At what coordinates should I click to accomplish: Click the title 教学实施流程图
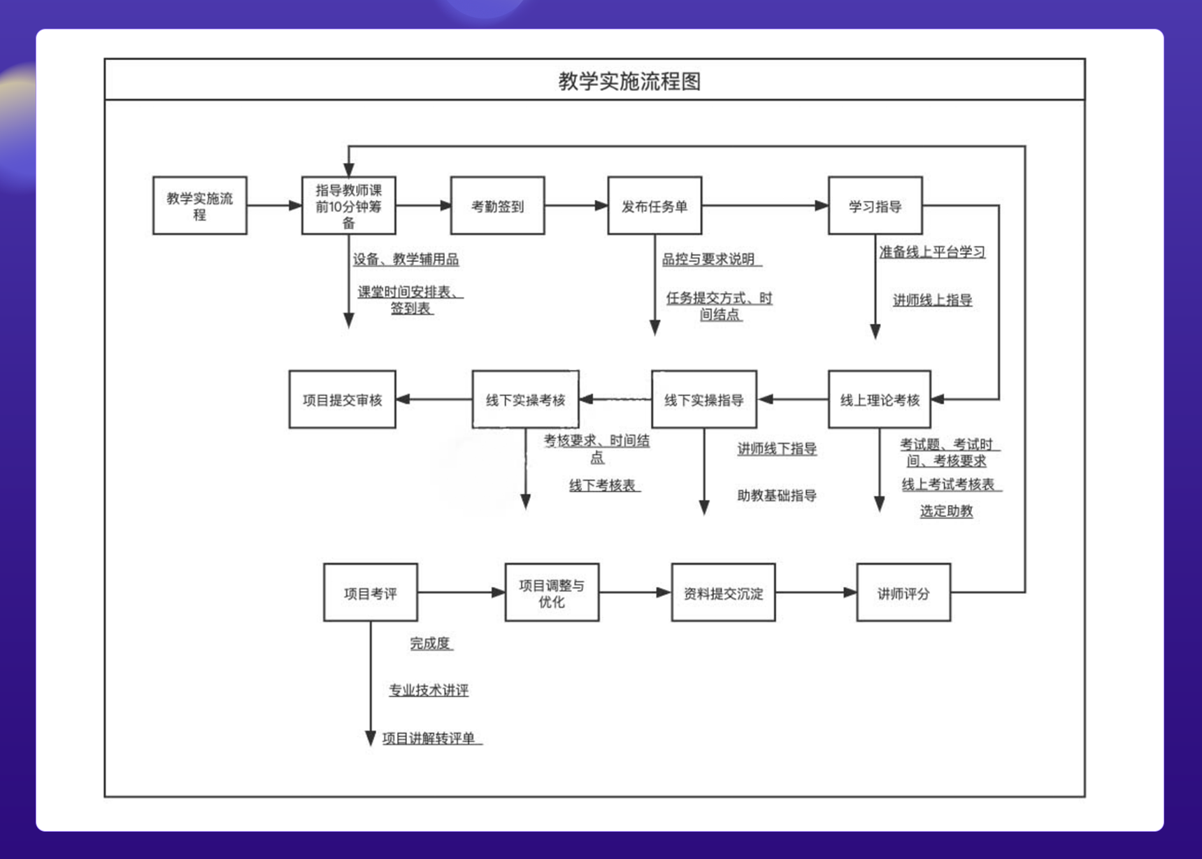tap(629, 81)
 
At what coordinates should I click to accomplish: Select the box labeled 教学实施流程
tap(200, 206)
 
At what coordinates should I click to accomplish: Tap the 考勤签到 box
tap(497, 206)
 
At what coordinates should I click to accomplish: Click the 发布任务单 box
tap(654, 206)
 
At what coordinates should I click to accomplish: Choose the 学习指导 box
tap(875, 206)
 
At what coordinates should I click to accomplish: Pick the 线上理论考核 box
tap(879, 399)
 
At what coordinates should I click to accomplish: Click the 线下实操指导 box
tap(703, 399)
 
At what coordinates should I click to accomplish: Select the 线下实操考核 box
tap(525, 399)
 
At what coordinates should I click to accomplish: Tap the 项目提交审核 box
tap(342, 399)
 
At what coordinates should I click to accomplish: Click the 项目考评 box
tap(370, 592)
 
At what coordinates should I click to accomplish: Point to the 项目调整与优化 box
tap(552, 592)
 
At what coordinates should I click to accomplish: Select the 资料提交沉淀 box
tap(723, 592)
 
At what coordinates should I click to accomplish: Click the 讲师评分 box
tap(903, 592)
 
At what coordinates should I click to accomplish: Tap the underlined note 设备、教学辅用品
tap(406, 260)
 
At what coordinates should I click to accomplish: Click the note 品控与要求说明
tap(708, 260)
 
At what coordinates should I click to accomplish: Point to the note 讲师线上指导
tap(932, 300)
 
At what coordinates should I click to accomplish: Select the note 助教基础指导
tap(777, 495)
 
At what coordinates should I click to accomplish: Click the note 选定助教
tap(946, 511)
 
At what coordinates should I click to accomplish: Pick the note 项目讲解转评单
tap(429, 738)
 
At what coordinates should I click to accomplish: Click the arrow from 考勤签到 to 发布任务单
tap(575, 206)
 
